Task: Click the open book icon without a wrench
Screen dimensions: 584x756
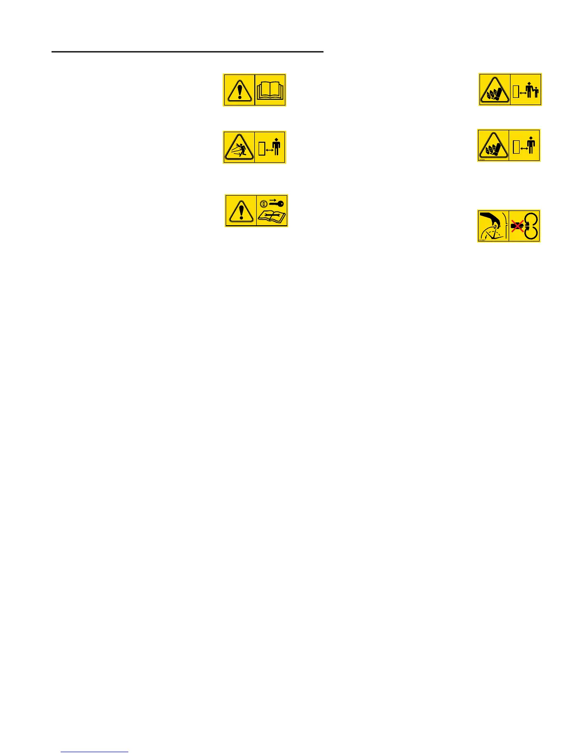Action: click(270, 90)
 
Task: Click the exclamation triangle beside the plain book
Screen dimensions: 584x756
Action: click(239, 90)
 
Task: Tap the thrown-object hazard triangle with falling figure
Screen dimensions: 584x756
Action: click(239, 148)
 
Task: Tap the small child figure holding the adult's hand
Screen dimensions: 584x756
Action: click(536, 91)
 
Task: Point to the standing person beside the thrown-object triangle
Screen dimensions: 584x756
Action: click(276, 146)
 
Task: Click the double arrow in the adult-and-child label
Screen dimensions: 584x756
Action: click(522, 93)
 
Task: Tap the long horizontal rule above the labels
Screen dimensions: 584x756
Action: click(188, 52)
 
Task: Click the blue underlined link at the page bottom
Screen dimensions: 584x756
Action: click(94, 752)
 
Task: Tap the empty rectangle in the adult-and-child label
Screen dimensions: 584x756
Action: click(516, 91)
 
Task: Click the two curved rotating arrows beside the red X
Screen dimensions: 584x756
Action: click(531, 226)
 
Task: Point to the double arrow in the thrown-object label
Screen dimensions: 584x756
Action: click(269, 150)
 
